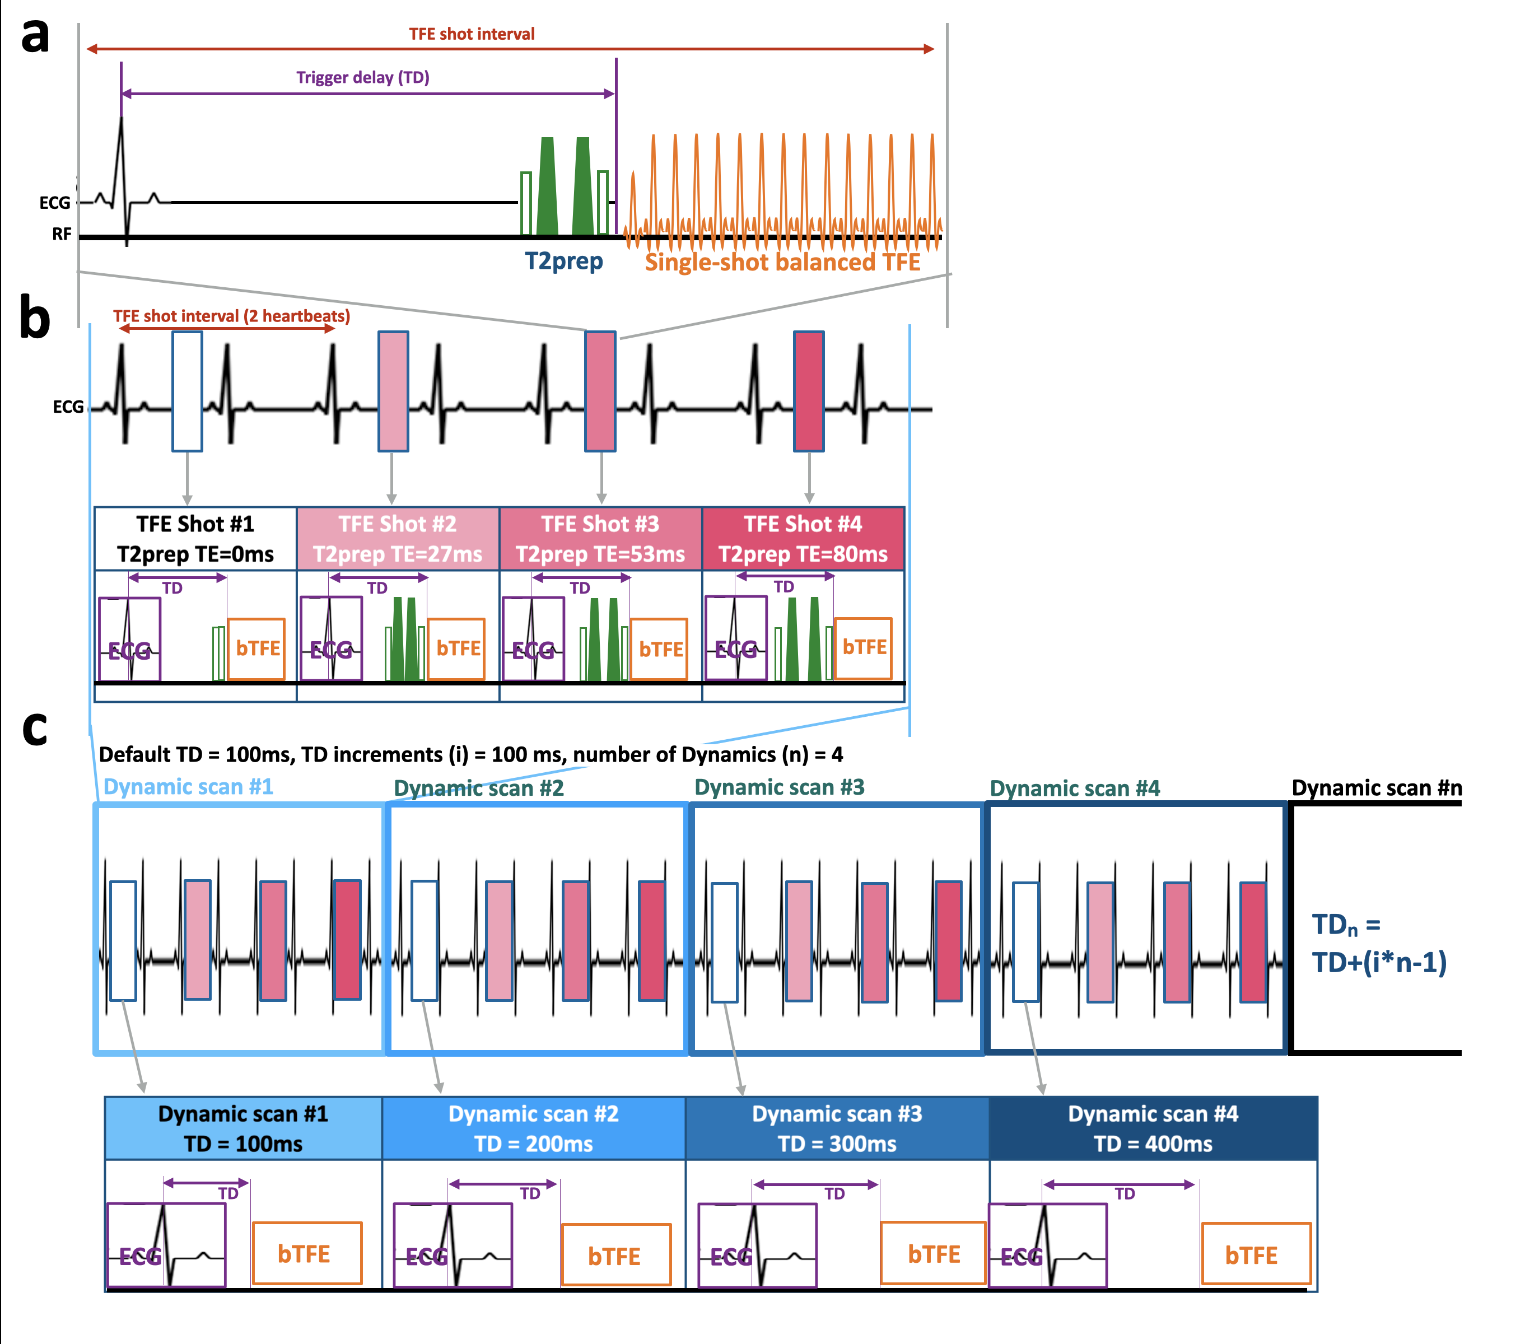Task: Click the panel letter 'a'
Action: coord(35,35)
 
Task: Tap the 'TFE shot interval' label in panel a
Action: coord(472,34)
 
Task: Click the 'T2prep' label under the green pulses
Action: coord(563,261)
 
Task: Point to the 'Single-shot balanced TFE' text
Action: coord(782,262)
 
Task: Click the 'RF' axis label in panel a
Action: coord(61,234)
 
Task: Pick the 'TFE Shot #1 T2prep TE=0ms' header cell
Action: coord(195,539)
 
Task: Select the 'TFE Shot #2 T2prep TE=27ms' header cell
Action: coord(398,539)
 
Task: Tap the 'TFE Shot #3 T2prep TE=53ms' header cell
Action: coord(600,539)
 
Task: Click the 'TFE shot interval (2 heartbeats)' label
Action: coord(231,315)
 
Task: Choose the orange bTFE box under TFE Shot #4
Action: coord(863,647)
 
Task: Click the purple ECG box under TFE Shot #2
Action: coord(330,638)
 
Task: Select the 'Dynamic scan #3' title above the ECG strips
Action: coord(779,787)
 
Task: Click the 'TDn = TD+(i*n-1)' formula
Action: coord(1379,944)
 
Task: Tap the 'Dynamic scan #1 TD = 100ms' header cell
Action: coord(243,1128)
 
